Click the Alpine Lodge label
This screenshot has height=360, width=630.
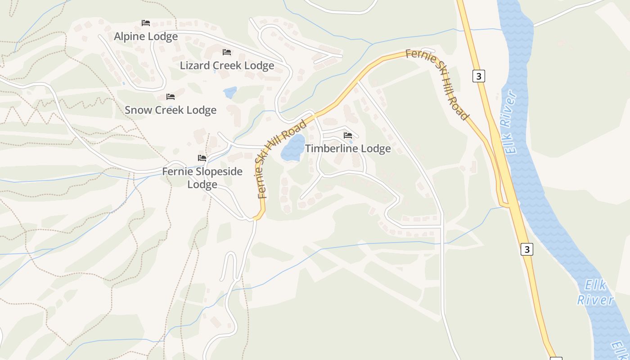click(146, 36)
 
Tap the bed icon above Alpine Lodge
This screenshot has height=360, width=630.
click(145, 22)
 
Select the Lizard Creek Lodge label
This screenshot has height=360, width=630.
click(227, 66)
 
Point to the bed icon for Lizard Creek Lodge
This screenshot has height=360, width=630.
click(227, 52)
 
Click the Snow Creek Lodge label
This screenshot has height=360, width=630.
click(171, 110)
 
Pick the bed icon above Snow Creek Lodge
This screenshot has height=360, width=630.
click(170, 97)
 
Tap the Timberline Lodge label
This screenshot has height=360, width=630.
click(348, 148)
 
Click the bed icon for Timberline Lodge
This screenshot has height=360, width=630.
click(347, 135)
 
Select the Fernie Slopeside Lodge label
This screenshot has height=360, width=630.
click(202, 178)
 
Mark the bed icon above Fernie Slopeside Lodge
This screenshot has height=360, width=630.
click(202, 158)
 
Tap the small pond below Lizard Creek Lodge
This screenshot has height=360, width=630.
click(230, 93)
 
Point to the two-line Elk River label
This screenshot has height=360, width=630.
click(596, 292)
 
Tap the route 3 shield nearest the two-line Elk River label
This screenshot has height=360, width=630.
click(527, 249)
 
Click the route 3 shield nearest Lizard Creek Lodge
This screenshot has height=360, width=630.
click(478, 76)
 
